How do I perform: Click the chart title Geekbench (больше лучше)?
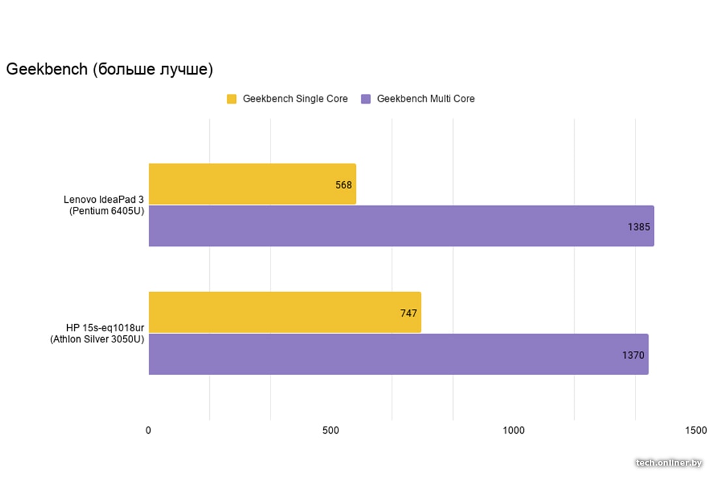click(x=110, y=69)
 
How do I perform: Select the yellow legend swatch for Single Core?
click(x=231, y=99)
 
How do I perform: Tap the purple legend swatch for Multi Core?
click(x=366, y=99)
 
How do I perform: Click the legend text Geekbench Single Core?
click(x=295, y=99)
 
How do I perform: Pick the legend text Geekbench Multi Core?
click(x=426, y=99)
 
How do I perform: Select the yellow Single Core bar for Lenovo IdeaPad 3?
click(x=252, y=184)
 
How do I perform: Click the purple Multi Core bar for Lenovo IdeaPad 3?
click(x=401, y=226)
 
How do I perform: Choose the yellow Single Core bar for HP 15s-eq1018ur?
click(x=285, y=312)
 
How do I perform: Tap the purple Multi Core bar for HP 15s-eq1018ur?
click(x=398, y=354)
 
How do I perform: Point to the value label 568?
click(x=344, y=185)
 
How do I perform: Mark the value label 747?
click(x=409, y=313)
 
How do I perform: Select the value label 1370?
click(x=634, y=355)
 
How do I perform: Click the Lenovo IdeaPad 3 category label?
click(x=104, y=205)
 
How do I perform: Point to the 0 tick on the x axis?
click(x=149, y=430)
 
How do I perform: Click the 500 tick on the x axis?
click(x=330, y=430)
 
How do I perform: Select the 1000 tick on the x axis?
click(x=513, y=430)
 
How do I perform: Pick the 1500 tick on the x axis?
click(x=695, y=430)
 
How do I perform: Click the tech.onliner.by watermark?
click(x=669, y=462)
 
